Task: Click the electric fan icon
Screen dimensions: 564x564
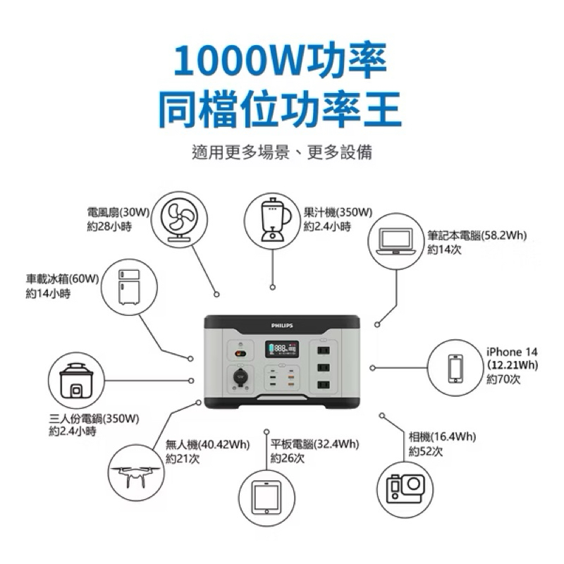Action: [179, 220]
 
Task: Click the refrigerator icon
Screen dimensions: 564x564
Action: [129, 287]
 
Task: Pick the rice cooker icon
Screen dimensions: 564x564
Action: [76, 381]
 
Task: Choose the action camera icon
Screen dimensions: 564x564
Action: [405, 489]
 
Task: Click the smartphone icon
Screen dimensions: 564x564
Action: [455, 368]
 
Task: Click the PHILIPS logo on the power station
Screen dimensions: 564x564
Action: [282, 326]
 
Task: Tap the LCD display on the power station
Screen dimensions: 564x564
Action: [282, 349]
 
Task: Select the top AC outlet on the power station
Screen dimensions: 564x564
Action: [324, 350]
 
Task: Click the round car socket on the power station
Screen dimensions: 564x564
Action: [240, 376]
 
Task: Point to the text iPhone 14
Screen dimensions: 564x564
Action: [512, 352]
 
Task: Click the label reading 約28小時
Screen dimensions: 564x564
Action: [109, 226]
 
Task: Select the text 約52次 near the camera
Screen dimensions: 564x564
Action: [426, 451]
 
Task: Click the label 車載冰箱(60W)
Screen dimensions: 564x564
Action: [62, 278]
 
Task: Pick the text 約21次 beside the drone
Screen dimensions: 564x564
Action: [183, 459]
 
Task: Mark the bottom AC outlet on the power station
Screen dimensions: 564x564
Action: [324, 385]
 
